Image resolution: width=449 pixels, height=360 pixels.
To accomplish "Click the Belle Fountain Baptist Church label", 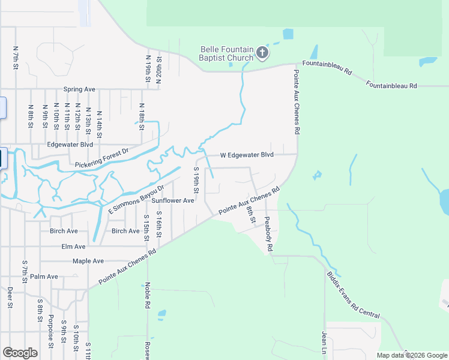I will [226, 54].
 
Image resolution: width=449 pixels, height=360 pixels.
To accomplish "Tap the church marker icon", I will [262, 53].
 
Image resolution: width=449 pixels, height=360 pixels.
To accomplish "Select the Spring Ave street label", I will [80, 89].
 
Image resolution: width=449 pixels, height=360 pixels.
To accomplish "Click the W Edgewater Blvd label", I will [247, 155].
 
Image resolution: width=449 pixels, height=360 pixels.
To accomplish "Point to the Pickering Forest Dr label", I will [102, 158].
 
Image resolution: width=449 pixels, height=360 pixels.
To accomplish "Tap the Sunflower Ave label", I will [173, 200].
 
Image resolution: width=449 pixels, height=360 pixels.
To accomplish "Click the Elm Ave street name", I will [73, 247].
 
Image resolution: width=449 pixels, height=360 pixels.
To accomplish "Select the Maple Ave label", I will [88, 262].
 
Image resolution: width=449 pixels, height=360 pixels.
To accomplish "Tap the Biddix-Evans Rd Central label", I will [354, 294].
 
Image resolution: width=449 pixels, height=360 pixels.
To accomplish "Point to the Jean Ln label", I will [325, 344].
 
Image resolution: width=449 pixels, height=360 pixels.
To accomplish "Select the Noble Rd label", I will [147, 296].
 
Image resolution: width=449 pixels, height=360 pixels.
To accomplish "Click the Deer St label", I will [10, 297].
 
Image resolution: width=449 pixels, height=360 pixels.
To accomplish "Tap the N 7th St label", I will [15, 58].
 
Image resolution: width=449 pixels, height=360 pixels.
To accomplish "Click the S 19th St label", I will [196, 180].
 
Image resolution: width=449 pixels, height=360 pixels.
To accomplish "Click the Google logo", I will [20, 353].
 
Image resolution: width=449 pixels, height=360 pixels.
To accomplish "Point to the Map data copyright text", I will [412, 355].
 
